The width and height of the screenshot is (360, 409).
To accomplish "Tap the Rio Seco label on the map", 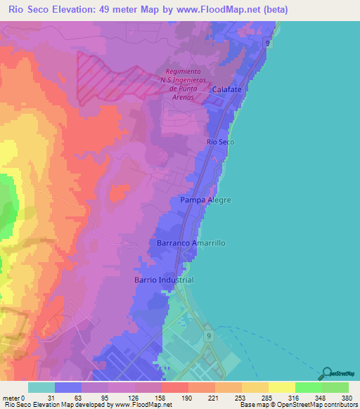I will (219, 142).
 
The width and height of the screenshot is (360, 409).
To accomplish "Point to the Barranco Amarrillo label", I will (186, 242).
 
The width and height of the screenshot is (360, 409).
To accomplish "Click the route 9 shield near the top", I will (268, 44).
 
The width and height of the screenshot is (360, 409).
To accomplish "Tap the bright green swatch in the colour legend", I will (308, 387).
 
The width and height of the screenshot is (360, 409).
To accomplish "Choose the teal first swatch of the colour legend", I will (41, 387).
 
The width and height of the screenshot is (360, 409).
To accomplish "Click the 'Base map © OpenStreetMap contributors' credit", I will (297, 404).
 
